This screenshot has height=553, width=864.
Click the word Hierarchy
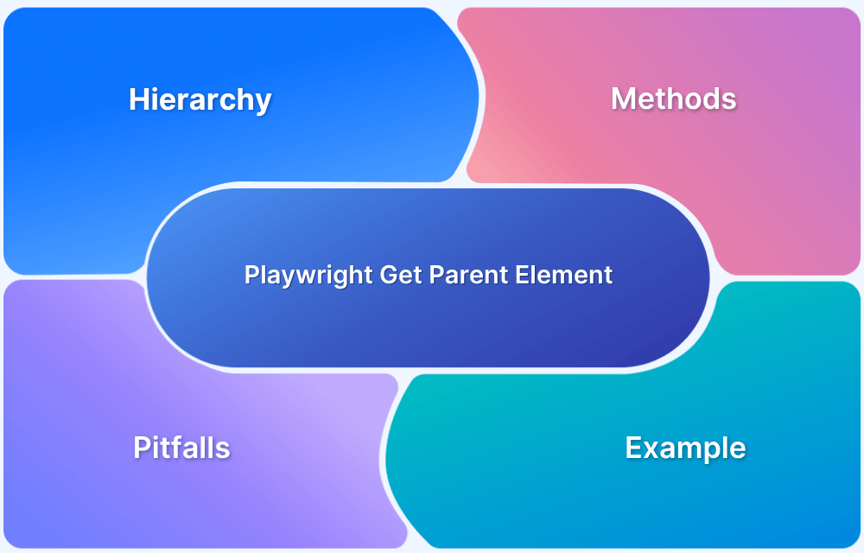click(200, 100)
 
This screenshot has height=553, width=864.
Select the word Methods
click(673, 99)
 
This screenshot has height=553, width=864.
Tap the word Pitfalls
click(181, 448)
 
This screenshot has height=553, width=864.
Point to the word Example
click(685, 448)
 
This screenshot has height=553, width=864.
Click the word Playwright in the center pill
click(308, 276)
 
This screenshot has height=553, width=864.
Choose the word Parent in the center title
click(465, 276)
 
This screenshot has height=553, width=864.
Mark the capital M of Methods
click(622, 99)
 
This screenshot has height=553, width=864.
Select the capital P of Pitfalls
click(142, 448)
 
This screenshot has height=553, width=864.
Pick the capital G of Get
click(388, 276)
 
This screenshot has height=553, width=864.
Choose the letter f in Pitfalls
click(182, 447)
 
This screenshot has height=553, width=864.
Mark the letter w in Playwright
click(303, 276)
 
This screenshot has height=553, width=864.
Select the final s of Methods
click(729, 100)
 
